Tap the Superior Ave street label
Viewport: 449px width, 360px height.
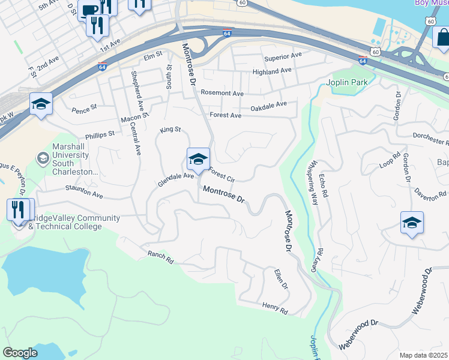[x=283, y=56]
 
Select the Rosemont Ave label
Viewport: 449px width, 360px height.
[x=222, y=93]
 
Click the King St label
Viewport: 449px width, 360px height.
[x=170, y=129]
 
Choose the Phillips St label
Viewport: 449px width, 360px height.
[x=100, y=135]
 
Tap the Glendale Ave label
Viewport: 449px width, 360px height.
[x=176, y=180]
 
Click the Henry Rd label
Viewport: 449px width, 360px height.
[x=275, y=308]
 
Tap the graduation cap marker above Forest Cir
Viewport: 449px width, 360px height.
[x=198, y=159]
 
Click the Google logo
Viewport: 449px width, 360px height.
[x=20, y=353]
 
